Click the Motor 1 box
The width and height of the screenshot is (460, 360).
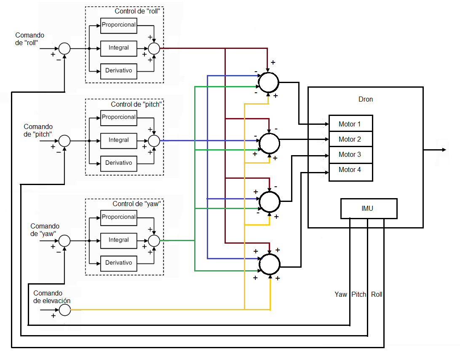pos(350,124)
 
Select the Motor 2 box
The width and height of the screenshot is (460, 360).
pos(350,139)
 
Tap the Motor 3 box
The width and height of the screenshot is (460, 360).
pos(350,154)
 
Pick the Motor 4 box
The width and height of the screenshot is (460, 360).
pos(350,170)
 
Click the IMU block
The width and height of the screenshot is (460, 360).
pos(369,208)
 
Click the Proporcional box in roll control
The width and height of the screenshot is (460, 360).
pos(119,25)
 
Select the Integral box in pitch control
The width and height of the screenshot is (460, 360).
pos(119,140)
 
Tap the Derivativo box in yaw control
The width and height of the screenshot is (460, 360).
pos(119,263)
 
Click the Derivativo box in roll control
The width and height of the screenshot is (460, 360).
pos(119,71)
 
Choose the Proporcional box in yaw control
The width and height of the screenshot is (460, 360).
pos(119,218)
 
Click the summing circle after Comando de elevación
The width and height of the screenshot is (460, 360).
pos(64,310)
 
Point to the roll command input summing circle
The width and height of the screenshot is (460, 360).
pos(64,49)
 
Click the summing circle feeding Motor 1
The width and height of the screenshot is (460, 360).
pos(268,82)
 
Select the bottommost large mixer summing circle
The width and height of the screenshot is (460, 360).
pos(269,264)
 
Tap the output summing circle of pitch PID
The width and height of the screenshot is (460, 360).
pos(154,140)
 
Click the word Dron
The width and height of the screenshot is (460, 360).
pos(365,99)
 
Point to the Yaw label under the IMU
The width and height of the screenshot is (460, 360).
pos(341,295)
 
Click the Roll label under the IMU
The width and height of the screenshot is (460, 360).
pos(377,295)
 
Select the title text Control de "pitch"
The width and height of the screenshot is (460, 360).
pos(136,104)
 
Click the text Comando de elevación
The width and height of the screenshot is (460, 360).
pos(52,297)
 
